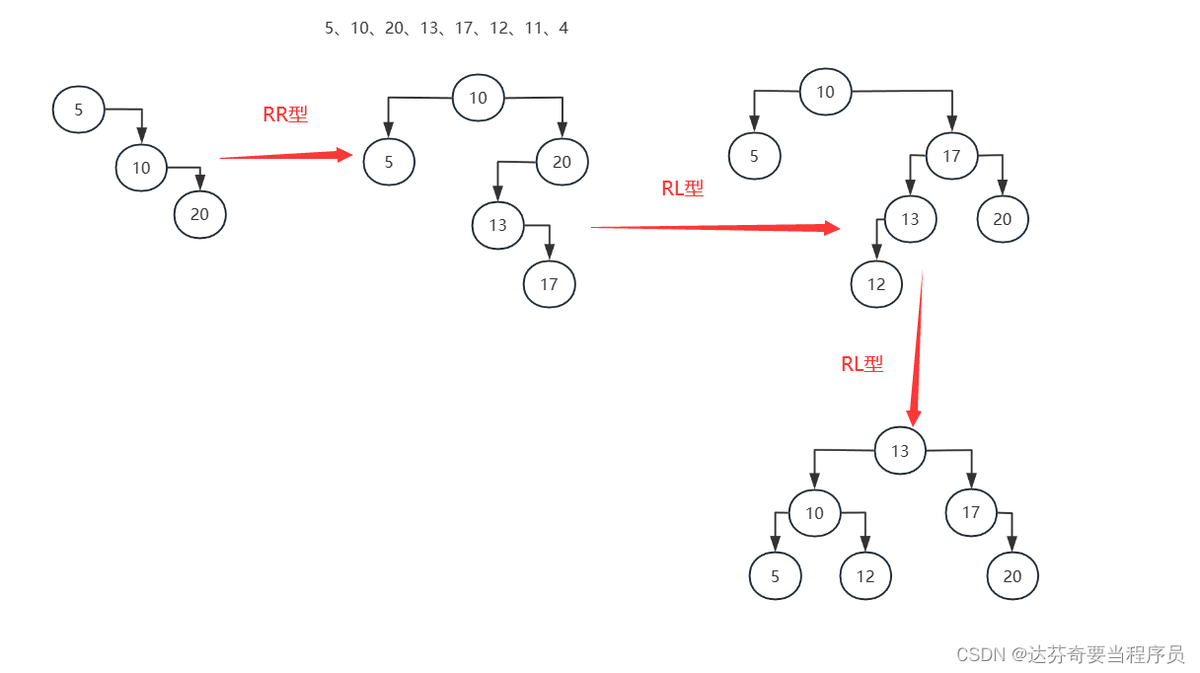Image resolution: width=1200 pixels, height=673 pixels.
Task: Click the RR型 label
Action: (x=285, y=114)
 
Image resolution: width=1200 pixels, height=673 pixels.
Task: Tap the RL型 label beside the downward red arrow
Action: (x=862, y=364)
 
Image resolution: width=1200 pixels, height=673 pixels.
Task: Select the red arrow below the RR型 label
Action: (x=286, y=155)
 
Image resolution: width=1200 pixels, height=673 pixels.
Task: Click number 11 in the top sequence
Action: (x=534, y=29)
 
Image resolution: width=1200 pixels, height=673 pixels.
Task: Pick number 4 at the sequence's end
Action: (x=563, y=29)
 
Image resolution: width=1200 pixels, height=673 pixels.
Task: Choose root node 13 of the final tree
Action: (x=900, y=451)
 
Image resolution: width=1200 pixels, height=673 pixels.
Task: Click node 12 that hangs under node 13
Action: (x=876, y=284)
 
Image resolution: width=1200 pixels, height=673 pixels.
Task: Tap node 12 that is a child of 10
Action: (x=865, y=576)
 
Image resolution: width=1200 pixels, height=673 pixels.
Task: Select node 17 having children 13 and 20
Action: (x=951, y=156)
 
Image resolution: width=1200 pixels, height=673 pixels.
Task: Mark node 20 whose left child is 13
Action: (x=562, y=162)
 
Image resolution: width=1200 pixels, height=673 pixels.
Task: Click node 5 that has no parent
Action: (x=79, y=110)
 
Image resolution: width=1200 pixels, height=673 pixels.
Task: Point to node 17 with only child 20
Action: (x=971, y=512)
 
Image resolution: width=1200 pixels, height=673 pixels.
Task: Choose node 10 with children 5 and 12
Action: (x=814, y=513)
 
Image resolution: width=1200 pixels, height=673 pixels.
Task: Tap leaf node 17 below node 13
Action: (x=549, y=284)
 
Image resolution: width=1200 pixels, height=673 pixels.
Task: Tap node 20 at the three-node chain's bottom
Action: (x=200, y=214)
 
